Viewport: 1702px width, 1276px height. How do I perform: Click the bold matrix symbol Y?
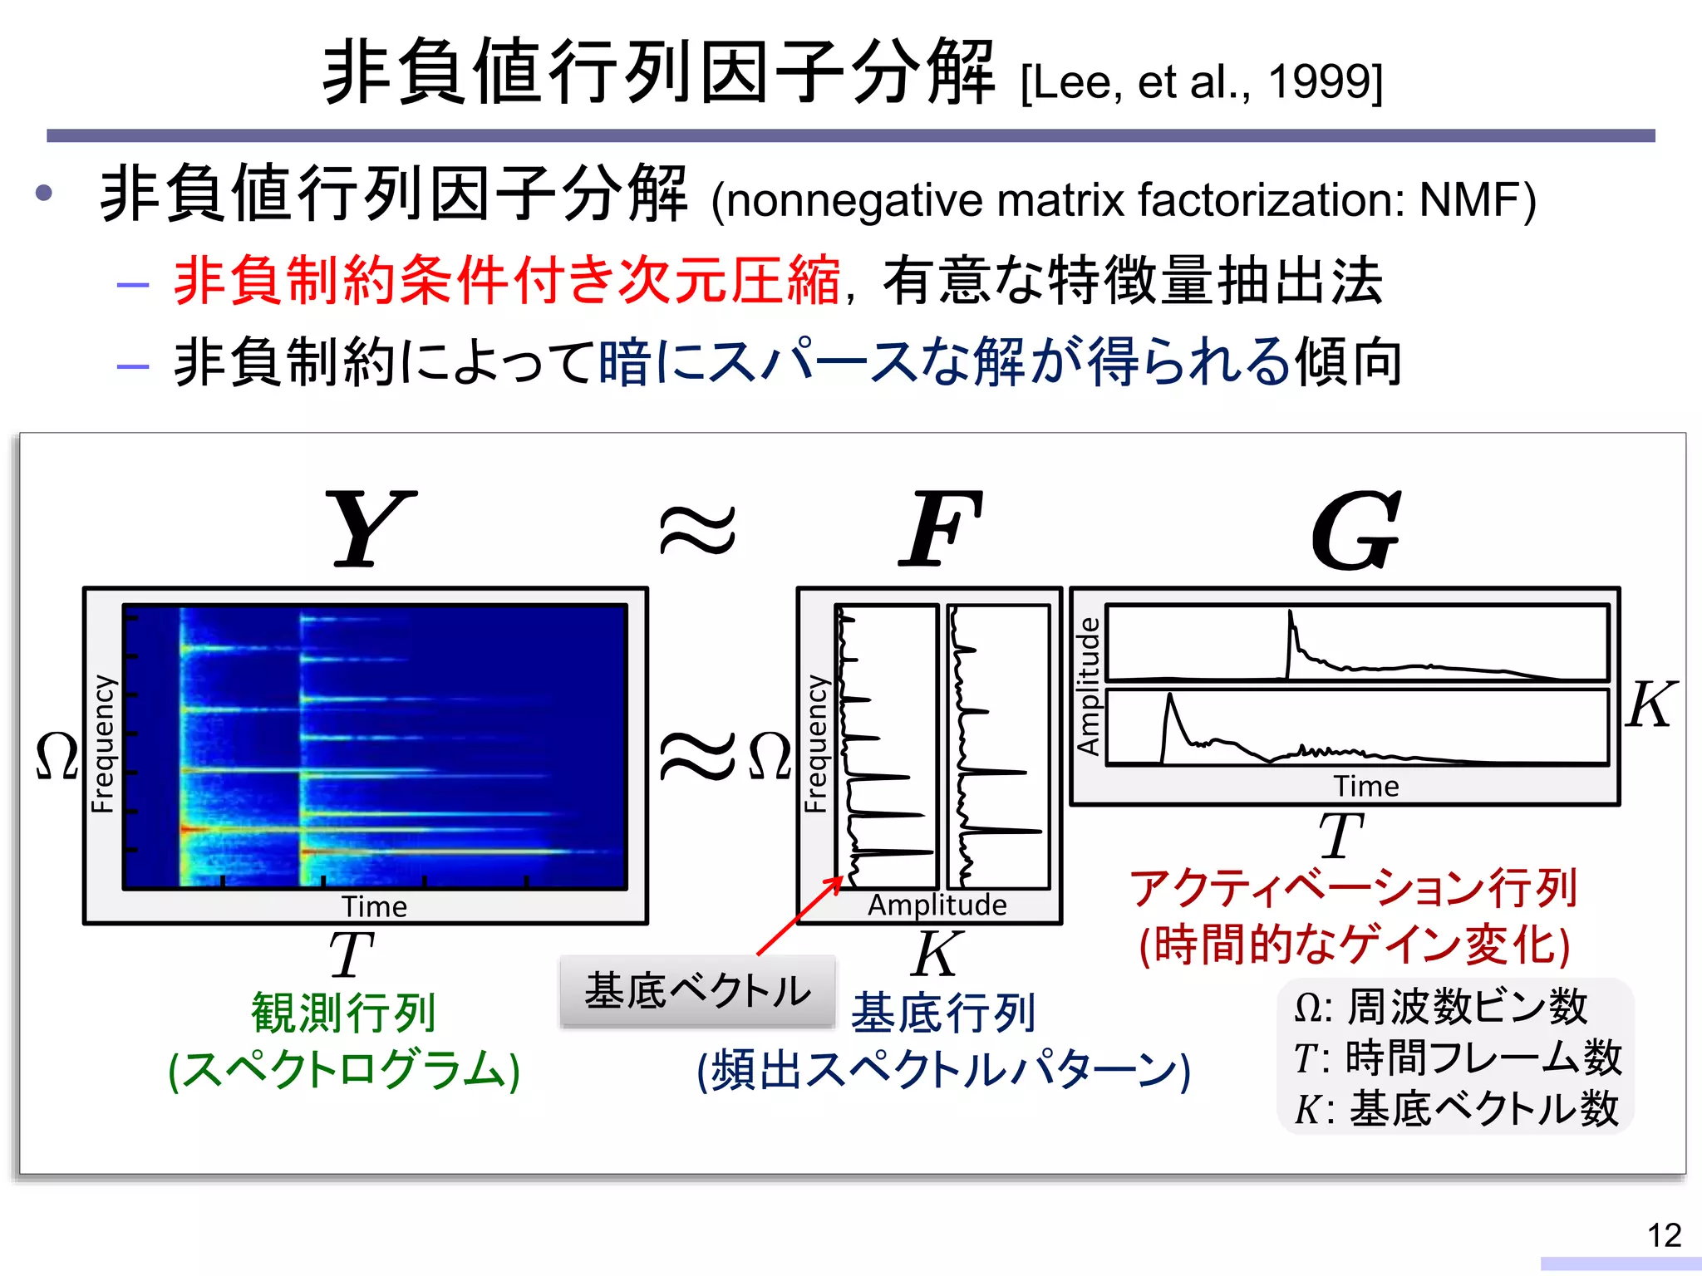point(371,528)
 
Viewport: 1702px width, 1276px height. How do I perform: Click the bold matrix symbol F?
point(941,528)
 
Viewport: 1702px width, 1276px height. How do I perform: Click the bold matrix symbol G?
point(1356,530)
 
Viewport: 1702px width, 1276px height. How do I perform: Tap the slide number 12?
point(1664,1235)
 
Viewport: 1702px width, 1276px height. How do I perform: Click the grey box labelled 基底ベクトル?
point(697,991)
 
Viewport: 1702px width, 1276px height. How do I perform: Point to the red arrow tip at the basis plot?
point(841,878)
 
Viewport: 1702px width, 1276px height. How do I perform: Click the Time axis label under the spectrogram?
point(374,906)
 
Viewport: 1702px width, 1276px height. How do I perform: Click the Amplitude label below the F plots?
point(937,905)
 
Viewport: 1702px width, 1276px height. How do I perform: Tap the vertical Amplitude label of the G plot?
point(1088,685)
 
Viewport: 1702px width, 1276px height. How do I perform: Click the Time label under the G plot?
point(1365,786)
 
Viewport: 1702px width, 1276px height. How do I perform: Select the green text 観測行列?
point(344,1012)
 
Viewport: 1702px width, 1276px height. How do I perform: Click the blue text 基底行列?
point(943,1013)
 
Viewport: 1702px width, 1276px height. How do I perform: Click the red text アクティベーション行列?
point(1353,887)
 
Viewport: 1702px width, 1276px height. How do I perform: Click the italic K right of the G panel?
point(1650,705)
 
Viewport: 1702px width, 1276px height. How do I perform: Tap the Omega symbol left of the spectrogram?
point(57,756)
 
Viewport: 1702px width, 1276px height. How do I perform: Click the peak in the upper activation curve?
point(1291,615)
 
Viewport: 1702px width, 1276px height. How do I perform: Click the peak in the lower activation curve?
point(1170,696)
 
